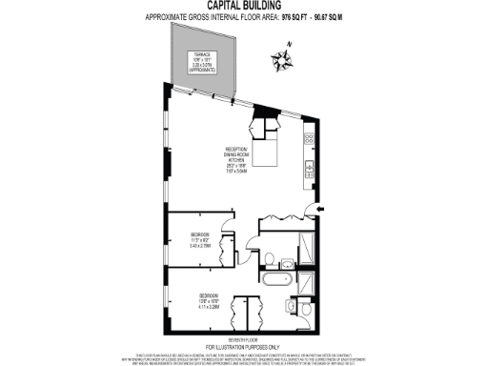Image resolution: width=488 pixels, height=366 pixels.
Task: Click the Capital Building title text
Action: (x=243, y=6)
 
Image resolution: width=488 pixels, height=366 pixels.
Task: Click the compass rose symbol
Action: (x=282, y=62)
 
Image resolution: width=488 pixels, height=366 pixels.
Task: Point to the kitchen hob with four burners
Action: (x=310, y=138)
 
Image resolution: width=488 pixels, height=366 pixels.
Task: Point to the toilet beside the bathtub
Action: (x=270, y=257)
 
